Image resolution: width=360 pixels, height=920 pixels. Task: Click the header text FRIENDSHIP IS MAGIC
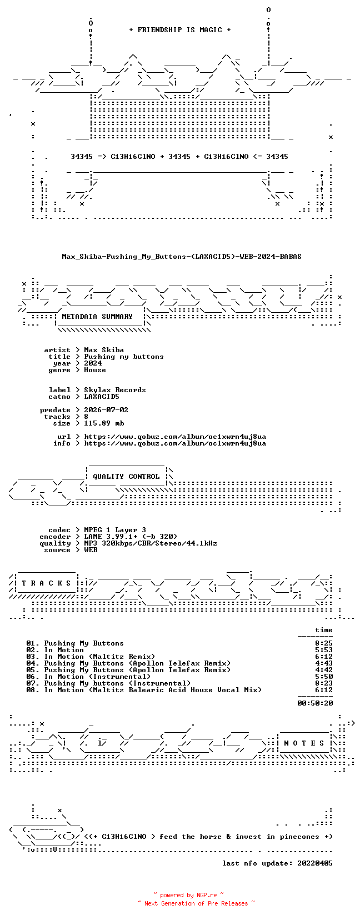pyautogui.click(x=180, y=30)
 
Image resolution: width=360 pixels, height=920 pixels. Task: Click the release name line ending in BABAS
pyautogui.click(x=182, y=257)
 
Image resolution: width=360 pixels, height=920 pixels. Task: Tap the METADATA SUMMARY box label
pyautogui.click(x=97, y=317)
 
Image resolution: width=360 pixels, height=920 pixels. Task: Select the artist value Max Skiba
pyautogui.click(x=104, y=351)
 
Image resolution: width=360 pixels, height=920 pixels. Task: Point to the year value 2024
pyautogui.click(x=93, y=363)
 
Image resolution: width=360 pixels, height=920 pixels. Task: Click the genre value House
pyautogui.click(x=95, y=370)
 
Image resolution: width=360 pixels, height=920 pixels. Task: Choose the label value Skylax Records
pyautogui.click(x=115, y=390)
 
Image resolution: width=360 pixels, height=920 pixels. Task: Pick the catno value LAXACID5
pyautogui.click(x=102, y=397)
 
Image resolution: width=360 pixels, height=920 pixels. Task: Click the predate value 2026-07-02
pyautogui.click(x=106, y=410)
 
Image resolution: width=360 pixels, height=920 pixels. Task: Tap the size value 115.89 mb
pyautogui.click(x=104, y=423)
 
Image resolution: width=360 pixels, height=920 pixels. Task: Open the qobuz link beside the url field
pyautogui.click(x=175, y=437)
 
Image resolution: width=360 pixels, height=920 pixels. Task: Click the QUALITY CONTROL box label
pyautogui.click(x=126, y=477)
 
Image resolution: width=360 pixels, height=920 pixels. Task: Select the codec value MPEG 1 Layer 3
pyautogui.click(x=115, y=530)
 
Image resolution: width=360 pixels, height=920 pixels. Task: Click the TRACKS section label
pyautogui.click(x=46, y=583)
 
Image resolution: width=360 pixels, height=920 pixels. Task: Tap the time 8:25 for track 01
pyautogui.click(x=324, y=643)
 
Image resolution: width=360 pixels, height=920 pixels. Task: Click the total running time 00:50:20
pyautogui.click(x=315, y=703)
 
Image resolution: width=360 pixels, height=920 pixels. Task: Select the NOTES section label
pyautogui.click(x=304, y=743)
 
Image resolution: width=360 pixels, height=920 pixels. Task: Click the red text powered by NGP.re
pyautogui.click(x=188, y=895)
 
